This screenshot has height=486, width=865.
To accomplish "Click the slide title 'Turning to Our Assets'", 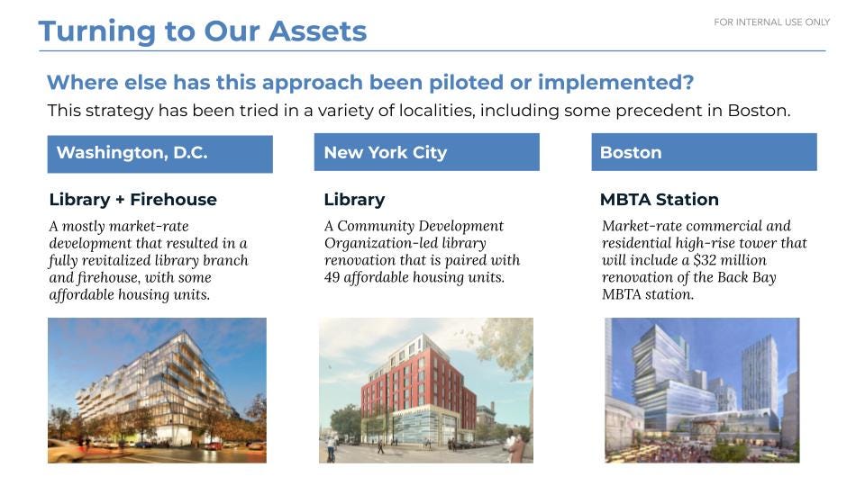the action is tap(203, 31).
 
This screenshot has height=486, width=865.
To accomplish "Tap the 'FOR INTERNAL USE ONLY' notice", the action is tap(772, 22).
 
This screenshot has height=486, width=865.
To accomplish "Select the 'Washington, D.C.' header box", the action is tap(160, 154).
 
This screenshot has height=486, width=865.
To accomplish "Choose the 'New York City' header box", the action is tap(426, 152).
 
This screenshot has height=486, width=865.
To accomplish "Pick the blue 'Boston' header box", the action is tap(704, 152).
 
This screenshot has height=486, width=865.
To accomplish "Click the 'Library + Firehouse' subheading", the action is tap(133, 200).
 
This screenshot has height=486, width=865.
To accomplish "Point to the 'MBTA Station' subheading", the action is tap(660, 200).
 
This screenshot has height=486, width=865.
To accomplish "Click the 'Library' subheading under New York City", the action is tap(354, 200).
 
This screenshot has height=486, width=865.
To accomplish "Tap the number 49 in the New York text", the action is tap(332, 277).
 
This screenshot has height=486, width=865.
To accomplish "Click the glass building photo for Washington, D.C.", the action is tap(157, 390).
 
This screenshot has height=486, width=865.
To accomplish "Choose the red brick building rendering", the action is tap(426, 390).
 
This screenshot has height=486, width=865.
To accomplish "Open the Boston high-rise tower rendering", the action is tap(702, 390).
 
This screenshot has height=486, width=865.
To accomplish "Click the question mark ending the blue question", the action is tap(687, 83).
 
